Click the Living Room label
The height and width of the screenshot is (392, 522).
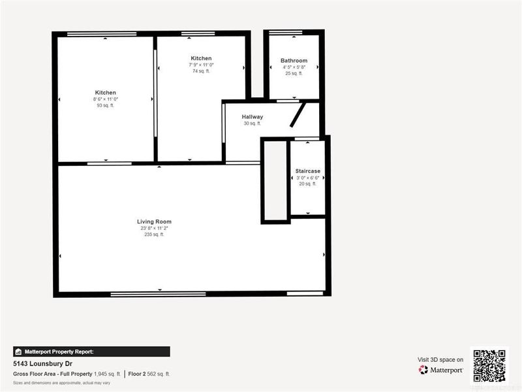click(154, 221)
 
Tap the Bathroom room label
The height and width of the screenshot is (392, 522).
click(294, 61)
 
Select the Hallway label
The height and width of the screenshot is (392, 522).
click(252, 117)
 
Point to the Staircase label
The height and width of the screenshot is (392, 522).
click(307, 171)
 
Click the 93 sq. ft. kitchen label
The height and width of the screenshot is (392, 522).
click(105, 105)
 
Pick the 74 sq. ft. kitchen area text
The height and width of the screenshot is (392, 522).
click(201, 71)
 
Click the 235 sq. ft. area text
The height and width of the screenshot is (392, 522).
click(154, 235)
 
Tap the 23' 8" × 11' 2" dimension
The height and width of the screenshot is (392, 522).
click(154, 228)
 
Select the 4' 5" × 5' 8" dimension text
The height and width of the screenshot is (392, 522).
click(294, 67)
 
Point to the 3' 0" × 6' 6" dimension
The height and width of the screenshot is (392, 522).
click(307, 178)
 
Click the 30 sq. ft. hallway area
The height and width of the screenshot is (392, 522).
click(252, 123)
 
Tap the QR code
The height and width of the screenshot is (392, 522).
click(489, 365)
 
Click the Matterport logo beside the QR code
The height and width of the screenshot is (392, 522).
click(441, 370)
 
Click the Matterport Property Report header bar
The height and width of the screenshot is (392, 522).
click(91, 351)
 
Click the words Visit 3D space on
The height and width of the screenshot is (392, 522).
click(440, 359)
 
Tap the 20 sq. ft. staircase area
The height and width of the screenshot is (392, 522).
click(307, 184)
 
